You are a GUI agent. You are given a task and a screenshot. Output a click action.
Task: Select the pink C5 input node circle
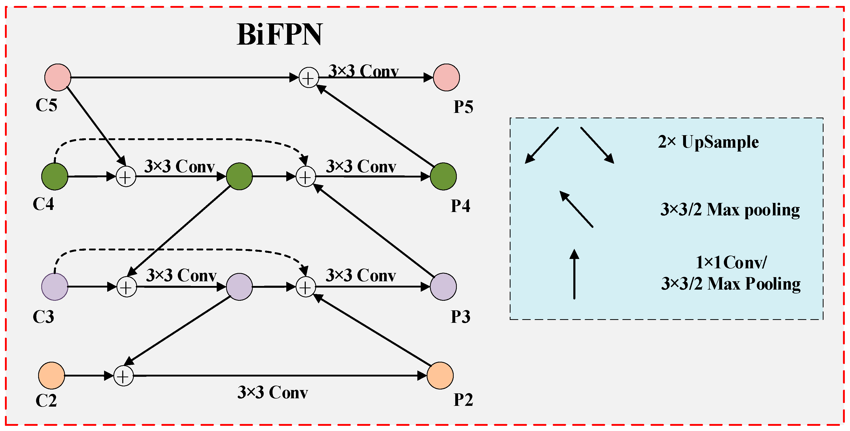[x=58, y=77]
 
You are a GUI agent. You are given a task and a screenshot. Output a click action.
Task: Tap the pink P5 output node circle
[x=446, y=77]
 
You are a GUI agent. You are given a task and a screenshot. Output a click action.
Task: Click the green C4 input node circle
[x=55, y=176]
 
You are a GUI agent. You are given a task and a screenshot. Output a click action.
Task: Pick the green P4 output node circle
[x=443, y=176]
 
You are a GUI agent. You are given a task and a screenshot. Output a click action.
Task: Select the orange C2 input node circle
[x=51, y=375]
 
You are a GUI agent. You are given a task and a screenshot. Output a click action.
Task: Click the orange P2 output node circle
[x=440, y=375]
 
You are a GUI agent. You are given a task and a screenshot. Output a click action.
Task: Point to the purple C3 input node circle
[x=55, y=286]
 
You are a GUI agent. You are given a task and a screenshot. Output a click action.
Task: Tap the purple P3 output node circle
[x=443, y=286]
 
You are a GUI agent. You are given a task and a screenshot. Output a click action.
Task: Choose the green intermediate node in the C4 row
[x=239, y=176]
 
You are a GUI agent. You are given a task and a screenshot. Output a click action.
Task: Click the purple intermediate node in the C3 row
[x=239, y=286]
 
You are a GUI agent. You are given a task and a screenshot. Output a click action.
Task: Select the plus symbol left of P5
[x=309, y=78]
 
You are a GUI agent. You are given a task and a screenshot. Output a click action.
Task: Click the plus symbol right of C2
[x=123, y=376]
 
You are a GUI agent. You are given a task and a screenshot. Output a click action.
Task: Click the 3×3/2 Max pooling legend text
[x=730, y=210]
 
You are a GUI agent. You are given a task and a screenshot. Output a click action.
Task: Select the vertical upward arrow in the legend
[x=574, y=274]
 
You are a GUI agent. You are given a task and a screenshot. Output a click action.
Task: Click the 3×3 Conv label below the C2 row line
[x=273, y=393]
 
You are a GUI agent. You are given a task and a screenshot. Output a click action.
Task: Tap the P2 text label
[x=463, y=400]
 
